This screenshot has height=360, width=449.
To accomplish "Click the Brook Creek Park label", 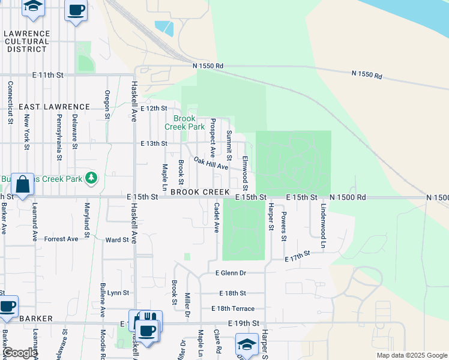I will (x=185, y=122).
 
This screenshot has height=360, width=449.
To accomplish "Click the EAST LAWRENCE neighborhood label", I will (x=54, y=107).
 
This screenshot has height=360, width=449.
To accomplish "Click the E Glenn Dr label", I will (x=231, y=273).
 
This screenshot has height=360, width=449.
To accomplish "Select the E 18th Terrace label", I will (x=232, y=308).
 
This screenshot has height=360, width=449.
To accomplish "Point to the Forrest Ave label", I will (x=61, y=239).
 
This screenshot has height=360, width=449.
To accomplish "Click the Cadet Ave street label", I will (x=217, y=217).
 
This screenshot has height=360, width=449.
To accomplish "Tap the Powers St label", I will (x=284, y=224).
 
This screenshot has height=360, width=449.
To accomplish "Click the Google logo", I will (x=20, y=353).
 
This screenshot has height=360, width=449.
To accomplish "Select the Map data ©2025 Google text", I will (x=411, y=355).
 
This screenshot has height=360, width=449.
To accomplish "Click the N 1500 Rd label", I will (x=348, y=197).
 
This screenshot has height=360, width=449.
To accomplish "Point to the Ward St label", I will (x=117, y=240).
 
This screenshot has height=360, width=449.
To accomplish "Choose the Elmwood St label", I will (x=245, y=171).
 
